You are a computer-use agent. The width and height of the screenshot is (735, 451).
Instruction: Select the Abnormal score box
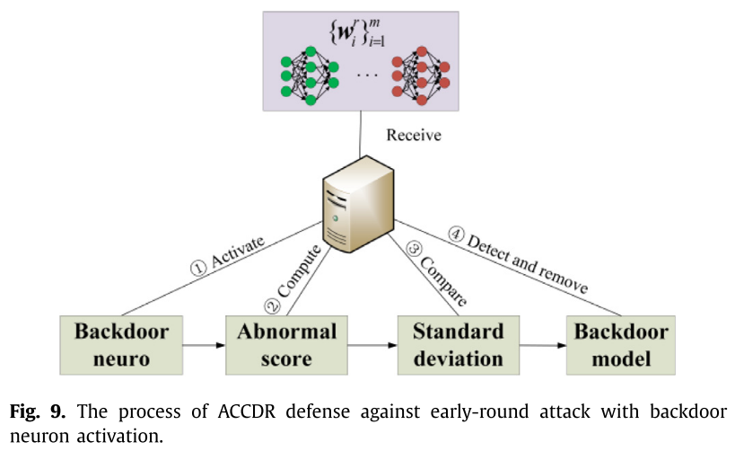click(287, 345)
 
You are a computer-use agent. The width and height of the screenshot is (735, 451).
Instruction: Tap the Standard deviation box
click(458, 345)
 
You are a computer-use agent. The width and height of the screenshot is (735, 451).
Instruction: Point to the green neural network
click(309, 76)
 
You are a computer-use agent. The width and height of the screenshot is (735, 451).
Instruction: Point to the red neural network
click(420, 76)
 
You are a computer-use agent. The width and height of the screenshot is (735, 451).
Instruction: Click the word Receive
click(415, 136)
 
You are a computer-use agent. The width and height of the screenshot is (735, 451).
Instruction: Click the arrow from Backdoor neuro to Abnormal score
click(204, 344)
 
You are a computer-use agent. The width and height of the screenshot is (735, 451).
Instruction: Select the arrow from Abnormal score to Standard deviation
click(373, 344)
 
